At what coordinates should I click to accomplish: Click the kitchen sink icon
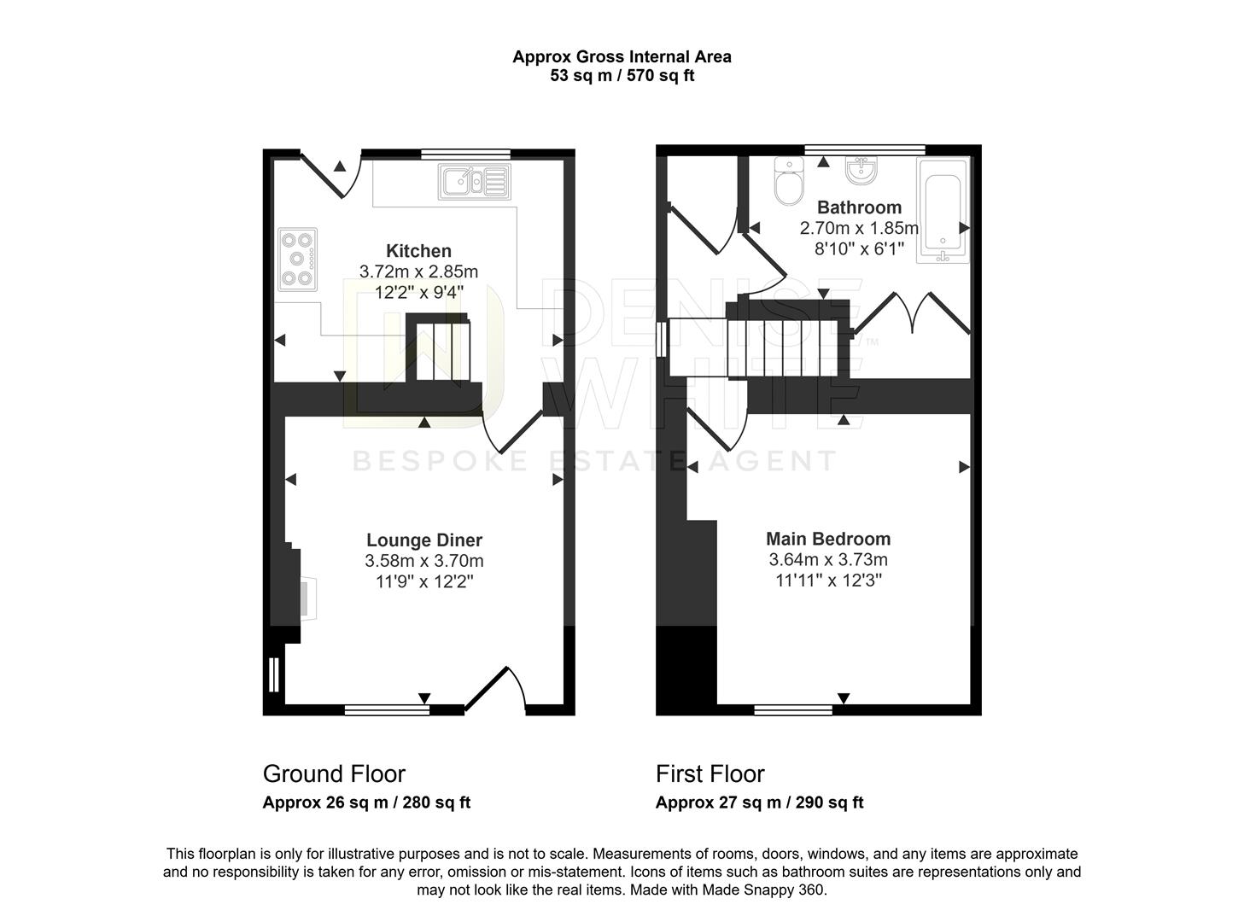[x=474, y=182]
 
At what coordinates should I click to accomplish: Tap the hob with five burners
[x=297, y=259]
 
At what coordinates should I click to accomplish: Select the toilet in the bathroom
[x=788, y=182]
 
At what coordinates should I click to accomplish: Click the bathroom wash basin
[x=859, y=171]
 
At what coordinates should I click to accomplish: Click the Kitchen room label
[x=418, y=251]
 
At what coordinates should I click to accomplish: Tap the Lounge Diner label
[x=424, y=540]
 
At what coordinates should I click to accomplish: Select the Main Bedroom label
[x=828, y=539]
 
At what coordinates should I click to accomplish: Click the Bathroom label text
[x=859, y=207]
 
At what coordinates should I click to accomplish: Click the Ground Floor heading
[x=334, y=774]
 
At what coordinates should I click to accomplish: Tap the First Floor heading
[x=710, y=774]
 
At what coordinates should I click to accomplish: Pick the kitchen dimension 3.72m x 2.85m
[x=418, y=272]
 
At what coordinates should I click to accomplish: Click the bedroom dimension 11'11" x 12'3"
[x=828, y=581]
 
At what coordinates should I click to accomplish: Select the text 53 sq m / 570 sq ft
[x=622, y=76]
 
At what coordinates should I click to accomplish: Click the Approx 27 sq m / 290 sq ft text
[x=759, y=802]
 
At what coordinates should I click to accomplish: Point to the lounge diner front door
[x=496, y=688]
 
